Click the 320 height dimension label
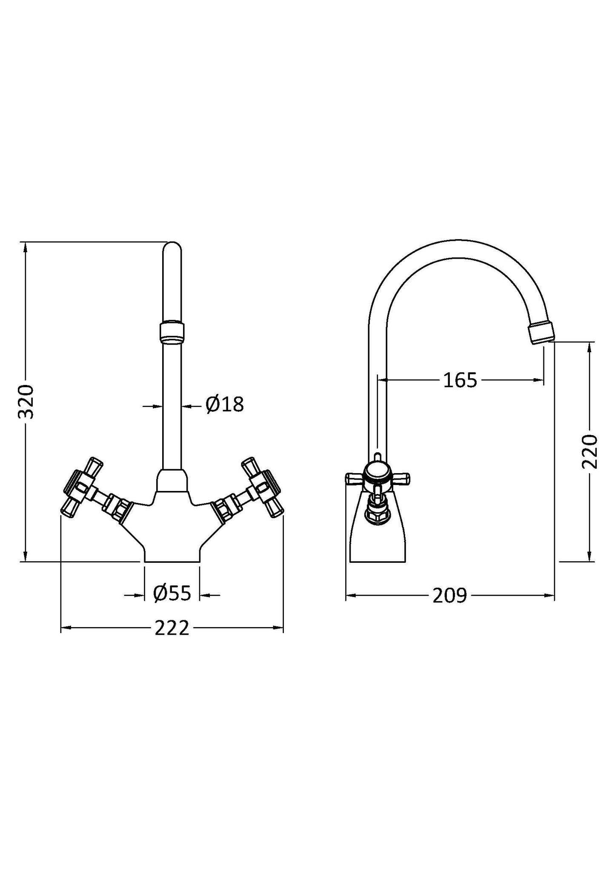[x=26, y=402]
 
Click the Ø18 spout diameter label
[x=224, y=405]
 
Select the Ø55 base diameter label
[x=172, y=593]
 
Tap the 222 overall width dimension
[x=172, y=628]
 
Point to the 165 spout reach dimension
[x=460, y=380]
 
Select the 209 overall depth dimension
[x=450, y=596]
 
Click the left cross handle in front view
[x=83, y=487]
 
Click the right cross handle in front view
[x=261, y=487]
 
